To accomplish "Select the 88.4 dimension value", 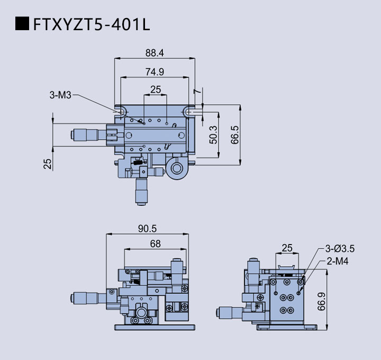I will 155,52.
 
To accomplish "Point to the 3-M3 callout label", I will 60,95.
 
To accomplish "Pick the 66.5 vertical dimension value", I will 235,135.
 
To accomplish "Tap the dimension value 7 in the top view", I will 196,92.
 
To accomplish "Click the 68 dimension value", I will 156,244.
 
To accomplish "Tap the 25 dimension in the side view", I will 287,247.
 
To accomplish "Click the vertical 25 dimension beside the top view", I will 48,164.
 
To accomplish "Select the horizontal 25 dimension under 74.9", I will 155,89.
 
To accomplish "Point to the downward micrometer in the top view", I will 141,191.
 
